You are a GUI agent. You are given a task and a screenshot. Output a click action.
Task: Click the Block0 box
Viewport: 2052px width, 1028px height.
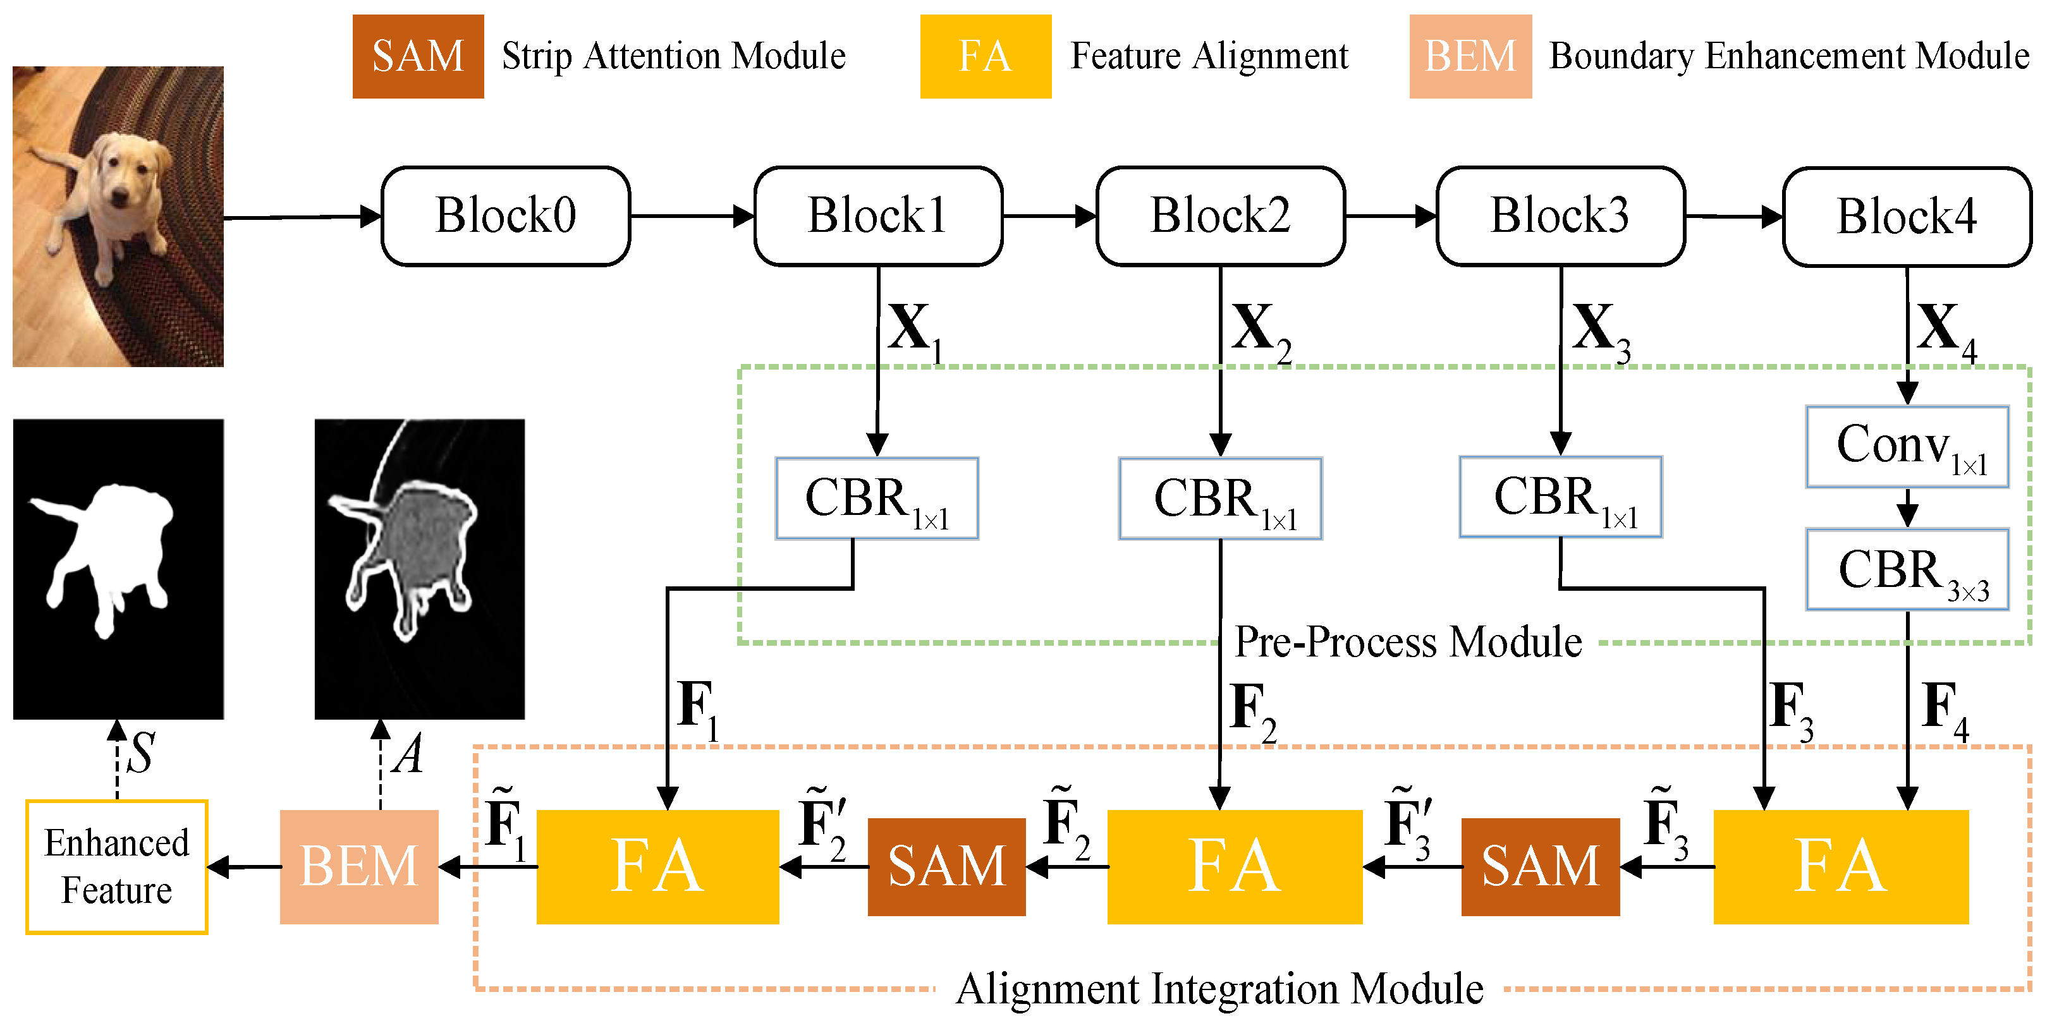(x=506, y=216)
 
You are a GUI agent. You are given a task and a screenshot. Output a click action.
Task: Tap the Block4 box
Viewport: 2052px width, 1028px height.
(x=1906, y=217)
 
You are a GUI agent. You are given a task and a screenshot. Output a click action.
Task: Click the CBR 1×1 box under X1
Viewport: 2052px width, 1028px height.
(x=876, y=499)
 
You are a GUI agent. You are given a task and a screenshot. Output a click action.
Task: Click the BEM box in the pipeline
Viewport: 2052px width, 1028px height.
(x=358, y=866)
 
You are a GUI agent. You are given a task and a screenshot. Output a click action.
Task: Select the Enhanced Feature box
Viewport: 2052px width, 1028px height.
(x=117, y=866)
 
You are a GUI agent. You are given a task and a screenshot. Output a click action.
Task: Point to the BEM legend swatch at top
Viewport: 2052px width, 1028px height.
(x=1470, y=56)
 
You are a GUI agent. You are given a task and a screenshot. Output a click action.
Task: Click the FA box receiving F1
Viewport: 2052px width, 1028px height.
(x=657, y=866)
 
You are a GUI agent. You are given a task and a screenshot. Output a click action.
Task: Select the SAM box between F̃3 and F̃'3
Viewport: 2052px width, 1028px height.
(x=1540, y=866)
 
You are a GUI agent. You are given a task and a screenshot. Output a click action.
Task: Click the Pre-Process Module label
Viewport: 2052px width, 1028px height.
(x=1408, y=642)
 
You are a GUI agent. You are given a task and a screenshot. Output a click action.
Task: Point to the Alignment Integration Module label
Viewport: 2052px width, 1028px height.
(x=1219, y=989)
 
